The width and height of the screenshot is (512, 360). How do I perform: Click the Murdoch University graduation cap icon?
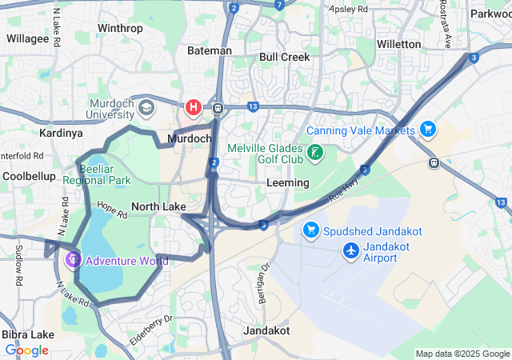pyautogui.click(x=146, y=107)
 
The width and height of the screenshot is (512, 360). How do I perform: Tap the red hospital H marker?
pyautogui.click(x=193, y=106)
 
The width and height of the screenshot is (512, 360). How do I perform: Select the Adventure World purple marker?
pyautogui.click(x=73, y=259)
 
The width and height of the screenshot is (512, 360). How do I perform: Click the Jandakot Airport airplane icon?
pyautogui.click(x=350, y=251)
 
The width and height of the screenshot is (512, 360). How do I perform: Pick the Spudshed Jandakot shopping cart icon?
pyautogui.click(x=311, y=231)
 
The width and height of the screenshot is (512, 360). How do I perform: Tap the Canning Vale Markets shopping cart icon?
pyautogui.click(x=428, y=129)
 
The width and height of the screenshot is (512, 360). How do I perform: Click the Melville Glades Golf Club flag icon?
pyautogui.click(x=316, y=152)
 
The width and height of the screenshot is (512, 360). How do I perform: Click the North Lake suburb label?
pyautogui.click(x=158, y=206)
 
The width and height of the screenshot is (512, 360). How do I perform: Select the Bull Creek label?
pyautogui.click(x=284, y=57)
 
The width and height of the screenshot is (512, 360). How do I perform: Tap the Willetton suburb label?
pyautogui.click(x=398, y=44)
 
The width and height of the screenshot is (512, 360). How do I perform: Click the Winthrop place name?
pyautogui.click(x=120, y=29)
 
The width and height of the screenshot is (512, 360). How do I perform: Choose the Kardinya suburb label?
pyautogui.click(x=61, y=132)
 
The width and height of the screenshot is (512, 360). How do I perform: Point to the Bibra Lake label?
pyautogui.click(x=28, y=334)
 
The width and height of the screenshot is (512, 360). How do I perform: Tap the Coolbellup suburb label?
pyautogui.click(x=29, y=175)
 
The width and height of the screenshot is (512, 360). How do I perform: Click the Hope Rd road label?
pyautogui.click(x=112, y=210)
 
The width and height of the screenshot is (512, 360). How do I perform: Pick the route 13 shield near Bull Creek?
pyautogui.click(x=253, y=106)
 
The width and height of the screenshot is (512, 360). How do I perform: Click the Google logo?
pyautogui.click(x=26, y=350)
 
